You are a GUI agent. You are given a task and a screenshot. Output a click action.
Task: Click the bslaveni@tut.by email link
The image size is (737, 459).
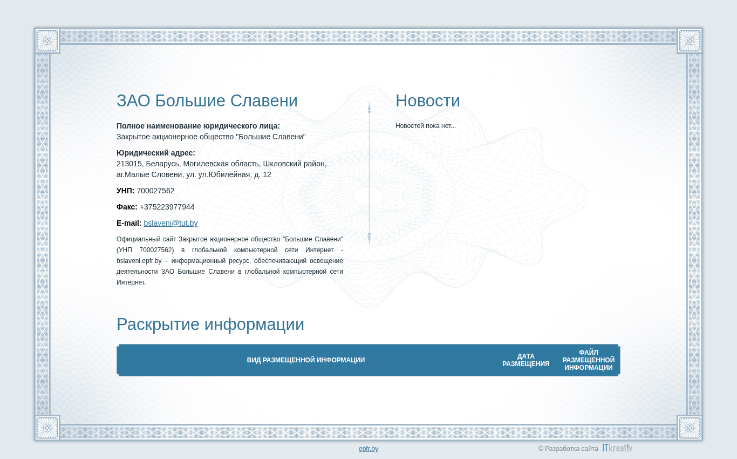tap(170, 223)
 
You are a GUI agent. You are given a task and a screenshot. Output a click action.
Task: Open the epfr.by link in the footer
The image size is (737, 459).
tap(368, 448)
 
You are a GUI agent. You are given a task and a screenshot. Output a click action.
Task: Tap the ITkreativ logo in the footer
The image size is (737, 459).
tap(617, 448)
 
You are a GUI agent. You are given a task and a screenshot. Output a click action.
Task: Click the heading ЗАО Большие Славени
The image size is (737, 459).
tap(207, 101)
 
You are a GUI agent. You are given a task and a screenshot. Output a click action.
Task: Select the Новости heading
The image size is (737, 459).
tap(427, 101)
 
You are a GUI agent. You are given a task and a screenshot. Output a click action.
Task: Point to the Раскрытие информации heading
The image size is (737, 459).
tap(210, 325)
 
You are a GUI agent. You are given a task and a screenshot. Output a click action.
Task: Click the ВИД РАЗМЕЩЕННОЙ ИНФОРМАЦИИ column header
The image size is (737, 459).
tap(306, 360)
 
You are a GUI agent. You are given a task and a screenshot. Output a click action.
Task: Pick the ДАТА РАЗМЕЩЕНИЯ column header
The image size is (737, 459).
tap(526, 360)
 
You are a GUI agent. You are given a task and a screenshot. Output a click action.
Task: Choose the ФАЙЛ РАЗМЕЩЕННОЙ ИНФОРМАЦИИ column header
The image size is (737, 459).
tap(588, 360)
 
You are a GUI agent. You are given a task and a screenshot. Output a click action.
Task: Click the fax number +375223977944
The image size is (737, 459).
tap(167, 207)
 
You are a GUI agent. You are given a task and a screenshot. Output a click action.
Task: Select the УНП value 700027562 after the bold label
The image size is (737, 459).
tap(155, 191)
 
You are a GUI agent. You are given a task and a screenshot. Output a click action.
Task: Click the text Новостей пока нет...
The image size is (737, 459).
tap(425, 126)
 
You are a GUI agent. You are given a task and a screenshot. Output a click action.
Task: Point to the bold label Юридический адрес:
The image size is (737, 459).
tap(155, 153)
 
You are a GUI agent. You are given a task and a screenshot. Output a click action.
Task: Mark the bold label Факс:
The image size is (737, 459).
tap(127, 207)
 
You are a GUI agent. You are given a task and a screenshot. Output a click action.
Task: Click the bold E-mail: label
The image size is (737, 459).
tap(129, 223)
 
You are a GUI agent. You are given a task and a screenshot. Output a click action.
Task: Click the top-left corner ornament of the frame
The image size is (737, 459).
tap(47, 41)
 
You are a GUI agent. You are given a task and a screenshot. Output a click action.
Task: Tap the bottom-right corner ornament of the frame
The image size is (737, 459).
tap(690, 428)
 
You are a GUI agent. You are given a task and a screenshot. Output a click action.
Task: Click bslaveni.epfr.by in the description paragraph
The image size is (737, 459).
tap(139, 261)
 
